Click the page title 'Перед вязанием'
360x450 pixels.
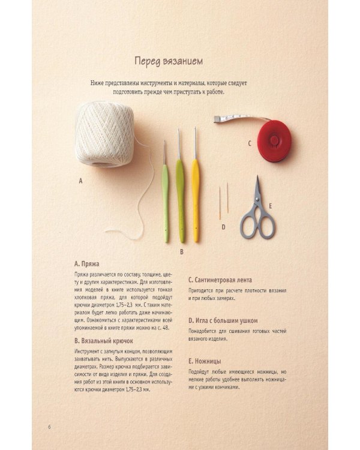(169, 61)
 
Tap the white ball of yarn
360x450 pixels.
(104, 134)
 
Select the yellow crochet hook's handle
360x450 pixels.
(196, 200)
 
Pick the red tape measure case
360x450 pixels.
(274, 140)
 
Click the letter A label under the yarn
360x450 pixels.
(80, 181)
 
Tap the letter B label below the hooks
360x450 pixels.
(181, 251)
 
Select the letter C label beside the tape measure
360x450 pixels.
(250, 143)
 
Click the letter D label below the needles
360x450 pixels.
(223, 227)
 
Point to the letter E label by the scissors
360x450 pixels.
(270, 206)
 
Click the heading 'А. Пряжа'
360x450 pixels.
(86, 264)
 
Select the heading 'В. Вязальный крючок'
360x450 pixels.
(104, 341)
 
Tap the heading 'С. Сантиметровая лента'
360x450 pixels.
(220, 280)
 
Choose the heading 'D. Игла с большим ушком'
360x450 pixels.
(223, 320)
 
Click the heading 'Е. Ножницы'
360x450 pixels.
(205, 361)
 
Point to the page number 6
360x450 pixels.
(49, 427)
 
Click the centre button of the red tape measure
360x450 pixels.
(274, 140)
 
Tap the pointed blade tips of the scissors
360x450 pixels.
(257, 177)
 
